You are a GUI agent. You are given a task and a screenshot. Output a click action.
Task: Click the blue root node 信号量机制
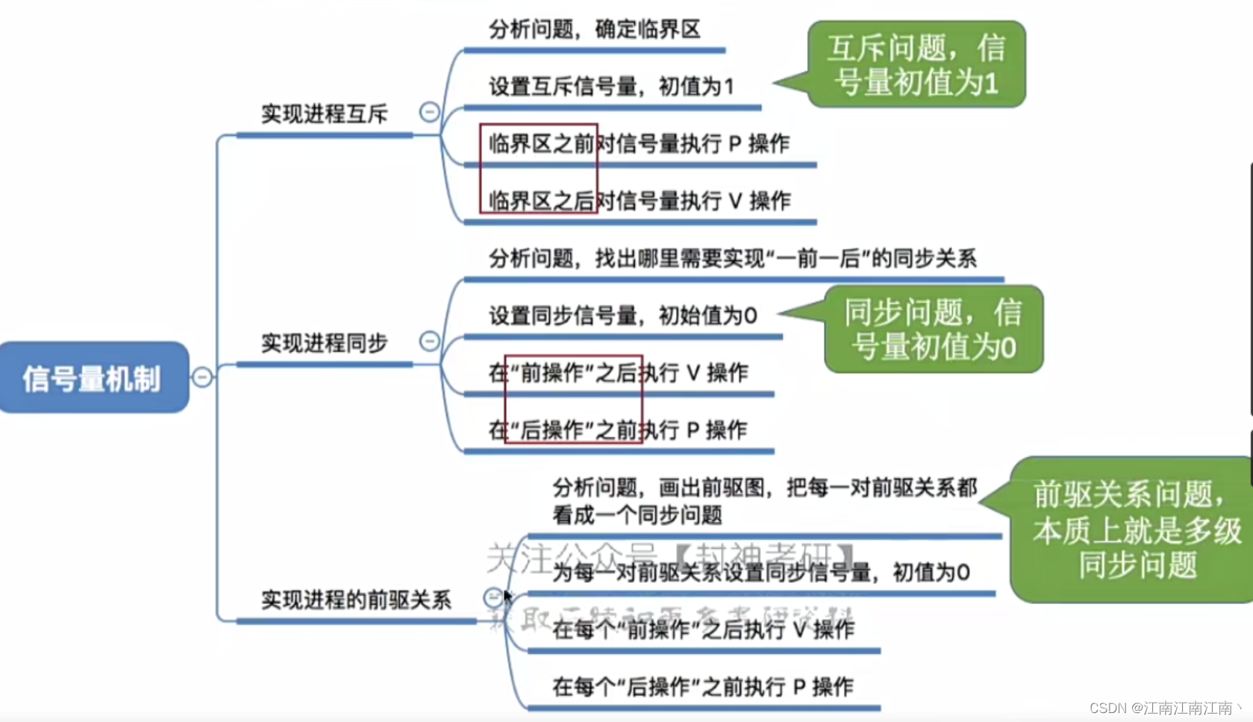point(93,377)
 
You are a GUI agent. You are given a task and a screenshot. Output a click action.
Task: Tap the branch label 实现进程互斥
point(324,114)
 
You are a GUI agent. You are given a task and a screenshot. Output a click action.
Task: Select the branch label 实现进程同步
point(324,343)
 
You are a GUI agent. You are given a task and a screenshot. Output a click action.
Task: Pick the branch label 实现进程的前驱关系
point(356,600)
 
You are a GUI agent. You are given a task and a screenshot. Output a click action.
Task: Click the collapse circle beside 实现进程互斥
point(429,112)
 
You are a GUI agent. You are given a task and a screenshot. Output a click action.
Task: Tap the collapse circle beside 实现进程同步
point(429,341)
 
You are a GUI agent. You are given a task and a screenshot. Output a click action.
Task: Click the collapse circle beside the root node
point(202,377)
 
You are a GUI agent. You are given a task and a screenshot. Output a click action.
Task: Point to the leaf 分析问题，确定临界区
point(594,30)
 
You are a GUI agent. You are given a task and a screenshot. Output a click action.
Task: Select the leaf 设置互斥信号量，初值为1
point(611,87)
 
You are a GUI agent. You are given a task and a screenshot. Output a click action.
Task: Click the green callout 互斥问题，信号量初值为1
point(916,65)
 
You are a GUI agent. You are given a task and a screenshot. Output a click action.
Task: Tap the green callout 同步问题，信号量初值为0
point(934,329)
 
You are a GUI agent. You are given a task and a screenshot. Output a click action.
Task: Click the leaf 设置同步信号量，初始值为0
point(622,316)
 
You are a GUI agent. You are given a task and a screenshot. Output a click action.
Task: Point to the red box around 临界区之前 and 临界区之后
point(538,169)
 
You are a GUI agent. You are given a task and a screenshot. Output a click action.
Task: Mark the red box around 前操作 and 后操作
point(573,399)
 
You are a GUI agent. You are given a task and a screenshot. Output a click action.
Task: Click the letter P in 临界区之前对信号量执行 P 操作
point(734,144)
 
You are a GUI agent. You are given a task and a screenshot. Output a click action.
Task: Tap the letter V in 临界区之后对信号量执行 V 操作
point(735,201)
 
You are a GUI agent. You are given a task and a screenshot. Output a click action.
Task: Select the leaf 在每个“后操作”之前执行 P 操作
point(702,686)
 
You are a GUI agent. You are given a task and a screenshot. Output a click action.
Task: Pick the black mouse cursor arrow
point(507,596)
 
